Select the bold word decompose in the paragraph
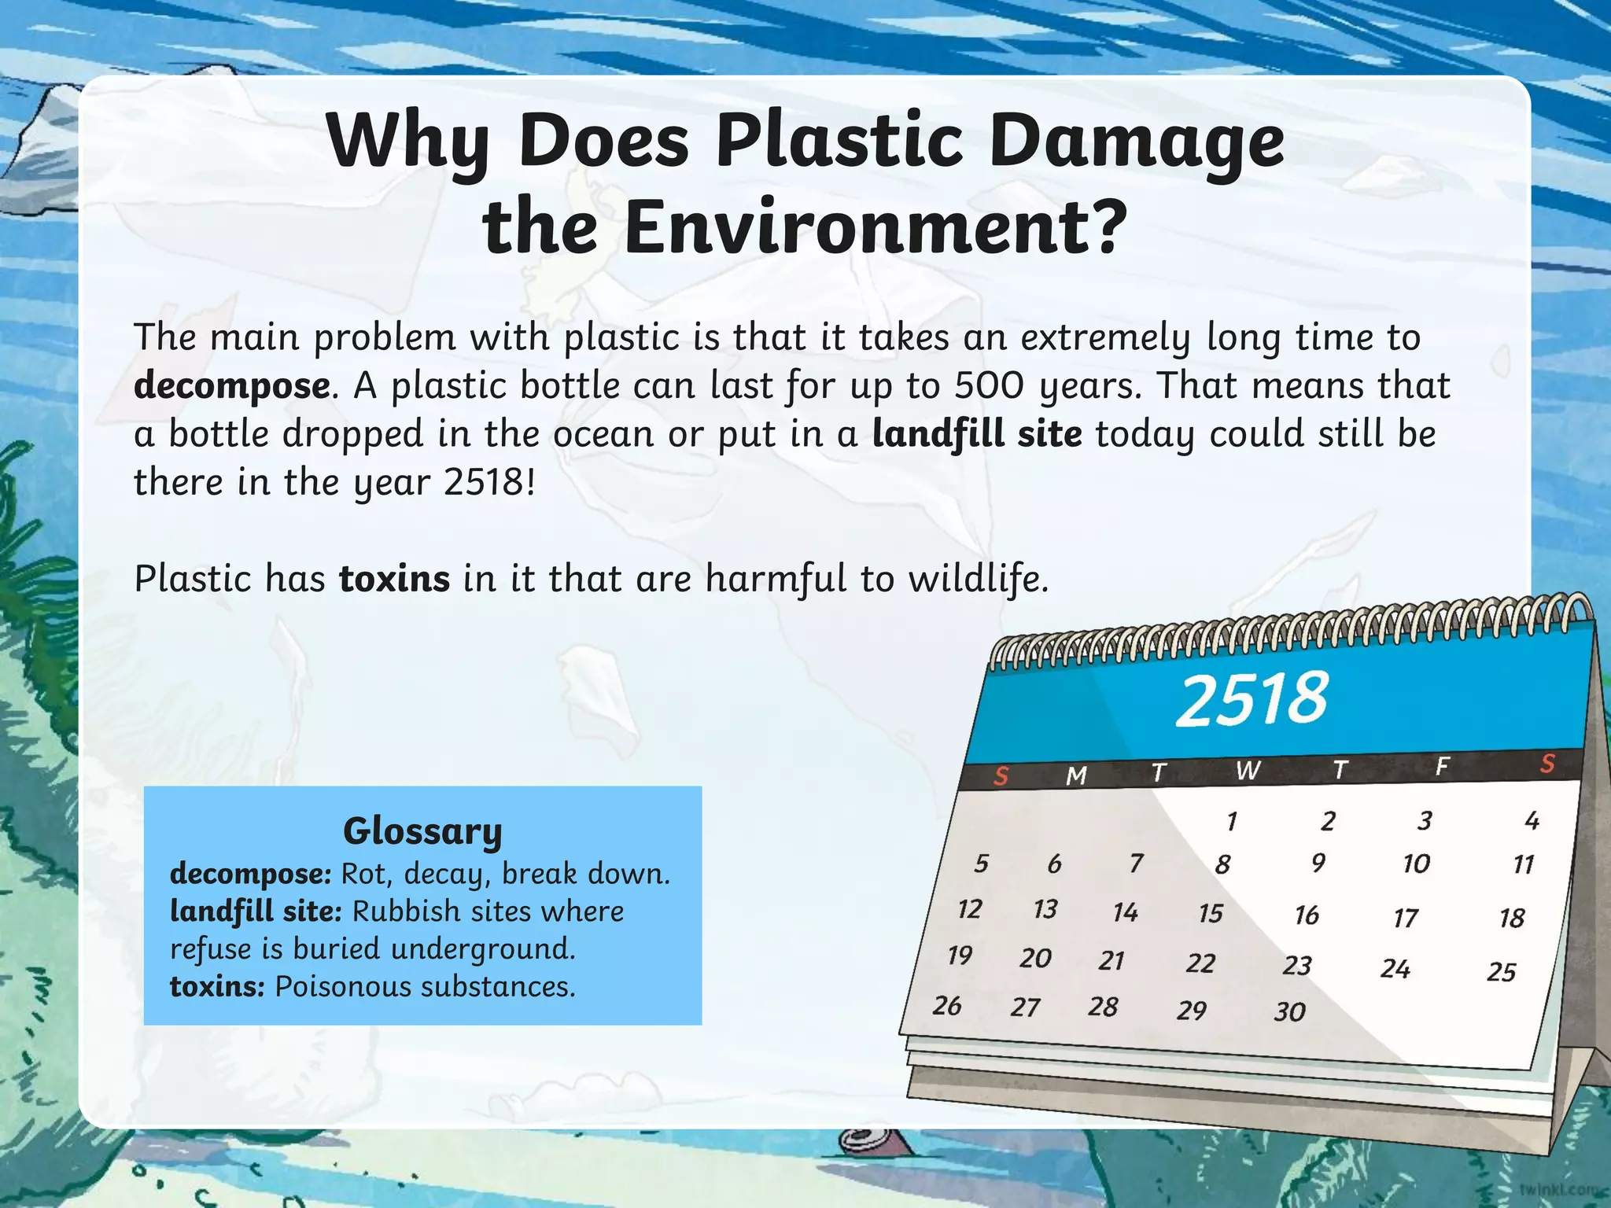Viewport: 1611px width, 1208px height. coord(231,386)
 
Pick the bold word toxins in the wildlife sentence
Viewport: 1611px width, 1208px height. coord(394,579)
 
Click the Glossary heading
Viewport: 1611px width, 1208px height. coord(422,831)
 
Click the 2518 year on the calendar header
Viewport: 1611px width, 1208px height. coord(1252,699)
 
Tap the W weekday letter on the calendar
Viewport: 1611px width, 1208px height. coord(1247,771)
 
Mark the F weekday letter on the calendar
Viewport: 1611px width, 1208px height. coord(1442,766)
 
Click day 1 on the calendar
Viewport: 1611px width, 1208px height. coord(1232,822)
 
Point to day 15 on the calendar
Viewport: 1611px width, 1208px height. coord(1211,913)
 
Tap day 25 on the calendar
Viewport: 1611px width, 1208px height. coord(1501,972)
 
